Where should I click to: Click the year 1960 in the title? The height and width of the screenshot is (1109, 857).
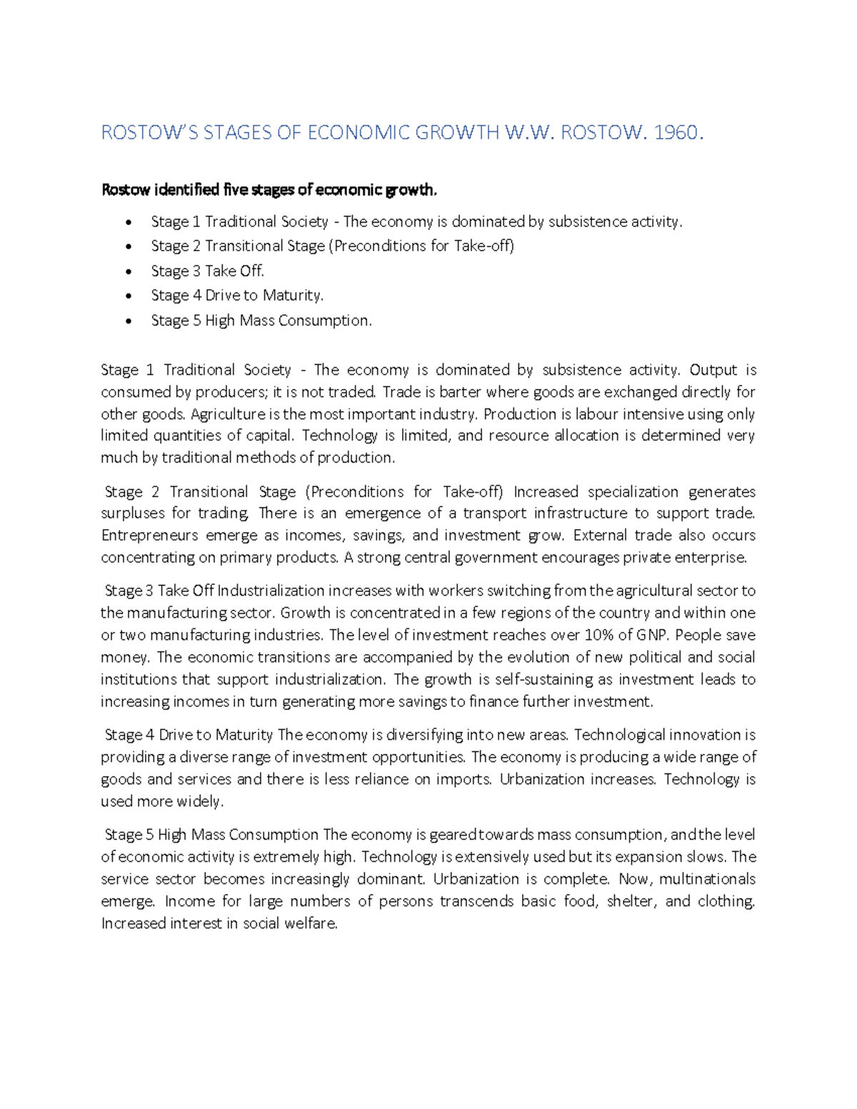pos(678,133)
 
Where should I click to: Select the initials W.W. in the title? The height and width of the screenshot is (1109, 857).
pos(529,133)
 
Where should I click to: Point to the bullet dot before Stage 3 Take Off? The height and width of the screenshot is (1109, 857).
pos(128,272)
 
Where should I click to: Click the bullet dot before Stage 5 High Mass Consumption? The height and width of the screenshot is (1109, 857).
pos(128,321)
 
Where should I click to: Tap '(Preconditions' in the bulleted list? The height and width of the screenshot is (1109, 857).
pos(378,246)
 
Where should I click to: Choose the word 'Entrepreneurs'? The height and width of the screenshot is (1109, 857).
pos(149,536)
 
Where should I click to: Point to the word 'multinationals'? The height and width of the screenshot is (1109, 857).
pos(706,879)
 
